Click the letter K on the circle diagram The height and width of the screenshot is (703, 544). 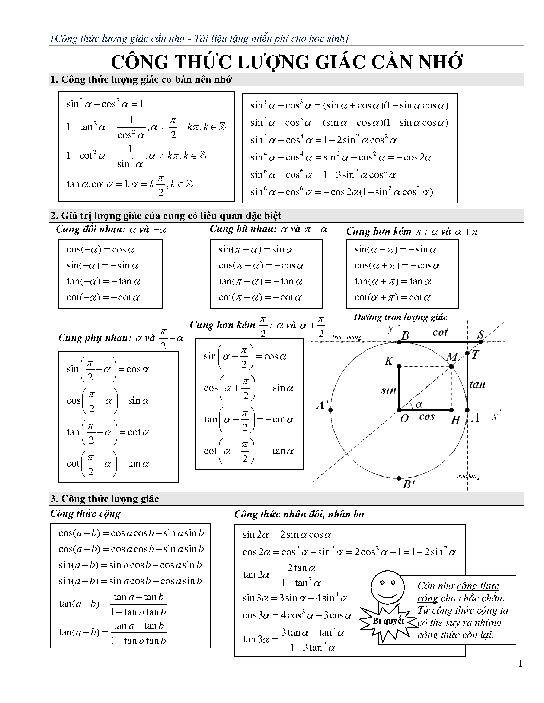pyautogui.click(x=389, y=361)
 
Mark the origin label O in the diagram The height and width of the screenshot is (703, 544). pyautogui.click(x=404, y=418)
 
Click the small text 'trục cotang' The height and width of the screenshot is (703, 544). pyautogui.click(x=347, y=337)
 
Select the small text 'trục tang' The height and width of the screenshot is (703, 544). pyautogui.click(x=468, y=476)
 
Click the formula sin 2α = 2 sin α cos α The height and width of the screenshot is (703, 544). pyautogui.click(x=287, y=535)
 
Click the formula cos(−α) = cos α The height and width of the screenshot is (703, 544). pyautogui.click(x=100, y=249)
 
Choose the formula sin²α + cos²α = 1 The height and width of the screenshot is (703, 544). pyautogui.click(x=105, y=104)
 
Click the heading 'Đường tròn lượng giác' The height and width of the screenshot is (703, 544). pyautogui.click(x=400, y=317)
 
